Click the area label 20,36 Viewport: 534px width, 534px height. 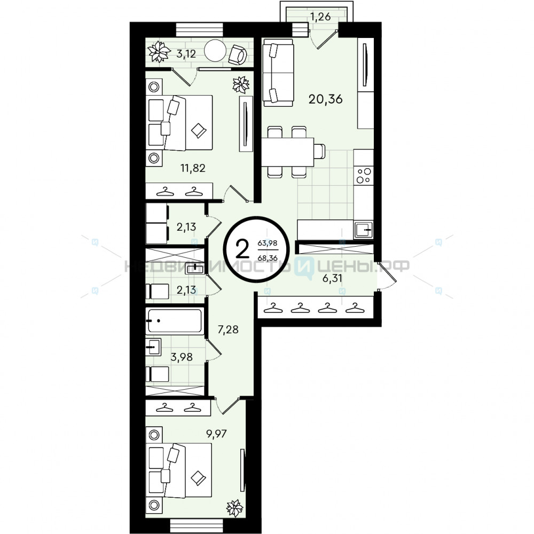point(325,99)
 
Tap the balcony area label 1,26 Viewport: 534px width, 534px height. point(320,17)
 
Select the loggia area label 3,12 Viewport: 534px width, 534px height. point(186,54)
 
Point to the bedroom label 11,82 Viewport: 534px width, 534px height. point(193,168)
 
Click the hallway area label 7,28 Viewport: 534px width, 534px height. point(228,329)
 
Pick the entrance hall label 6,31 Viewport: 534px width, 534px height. point(332,278)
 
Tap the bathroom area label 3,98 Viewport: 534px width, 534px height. point(182,357)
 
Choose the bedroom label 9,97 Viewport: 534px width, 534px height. point(216,434)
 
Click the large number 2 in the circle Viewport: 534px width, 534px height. point(242,249)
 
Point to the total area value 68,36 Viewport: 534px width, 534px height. point(268,258)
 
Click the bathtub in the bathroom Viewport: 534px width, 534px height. point(175,320)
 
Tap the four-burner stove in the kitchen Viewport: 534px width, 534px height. point(363,175)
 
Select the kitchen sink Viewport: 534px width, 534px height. point(363,230)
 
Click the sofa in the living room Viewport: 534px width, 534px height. point(278,72)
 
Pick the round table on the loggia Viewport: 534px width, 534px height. point(215,51)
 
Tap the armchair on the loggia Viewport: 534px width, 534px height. point(238,54)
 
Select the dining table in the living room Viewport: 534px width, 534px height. point(287,152)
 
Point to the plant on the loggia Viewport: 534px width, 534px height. point(159,52)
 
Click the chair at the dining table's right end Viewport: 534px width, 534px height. point(319,151)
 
